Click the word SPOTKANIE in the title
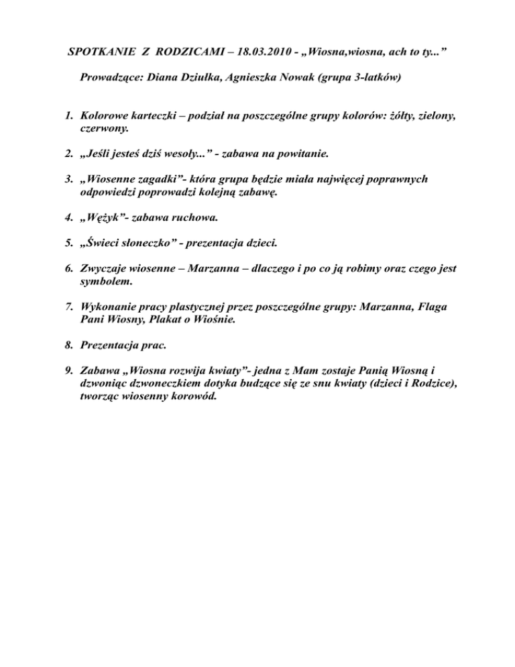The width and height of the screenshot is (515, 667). click(x=105, y=52)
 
